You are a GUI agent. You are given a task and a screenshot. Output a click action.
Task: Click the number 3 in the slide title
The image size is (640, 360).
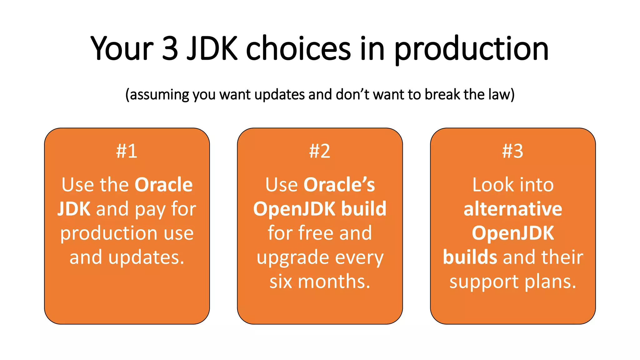(170, 48)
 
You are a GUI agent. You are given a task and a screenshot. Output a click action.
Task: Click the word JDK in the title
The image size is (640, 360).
(212, 48)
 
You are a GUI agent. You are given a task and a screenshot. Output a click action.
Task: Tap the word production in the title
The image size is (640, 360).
(471, 50)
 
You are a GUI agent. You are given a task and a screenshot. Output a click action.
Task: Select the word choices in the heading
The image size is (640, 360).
(298, 48)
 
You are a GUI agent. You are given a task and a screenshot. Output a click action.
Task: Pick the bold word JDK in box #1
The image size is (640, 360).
(74, 209)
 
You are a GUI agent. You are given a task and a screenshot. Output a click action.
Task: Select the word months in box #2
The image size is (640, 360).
(334, 281)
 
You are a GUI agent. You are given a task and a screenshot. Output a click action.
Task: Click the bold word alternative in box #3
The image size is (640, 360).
(513, 209)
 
